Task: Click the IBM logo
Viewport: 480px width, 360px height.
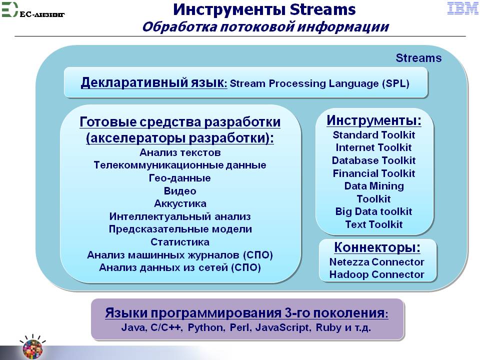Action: tap(462, 8)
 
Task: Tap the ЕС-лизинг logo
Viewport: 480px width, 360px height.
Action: tap(33, 10)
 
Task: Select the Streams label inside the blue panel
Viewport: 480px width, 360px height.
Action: tap(418, 58)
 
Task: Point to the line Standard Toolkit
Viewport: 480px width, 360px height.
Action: tap(374, 135)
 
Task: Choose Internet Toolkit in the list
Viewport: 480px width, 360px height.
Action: tap(373, 147)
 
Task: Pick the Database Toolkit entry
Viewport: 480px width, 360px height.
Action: tap(374, 160)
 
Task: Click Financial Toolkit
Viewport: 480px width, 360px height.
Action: tap(374, 173)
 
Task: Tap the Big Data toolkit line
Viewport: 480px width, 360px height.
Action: tap(374, 211)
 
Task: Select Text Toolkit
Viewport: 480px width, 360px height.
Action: tap(374, 224)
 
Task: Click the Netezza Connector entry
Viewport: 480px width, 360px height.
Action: tap(376, 262)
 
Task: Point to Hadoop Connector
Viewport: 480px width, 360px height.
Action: tap(376, 274)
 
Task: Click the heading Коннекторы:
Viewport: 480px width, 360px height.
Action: tap(377, 247)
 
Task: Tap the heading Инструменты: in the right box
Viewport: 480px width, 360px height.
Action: tap(374, 120)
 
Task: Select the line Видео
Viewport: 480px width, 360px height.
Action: tap(180, 191)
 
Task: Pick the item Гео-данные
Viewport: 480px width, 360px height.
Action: tap(179, 178)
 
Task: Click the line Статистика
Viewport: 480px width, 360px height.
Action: tap(180, 242)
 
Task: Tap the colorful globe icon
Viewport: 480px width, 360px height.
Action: tap(33, 348)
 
